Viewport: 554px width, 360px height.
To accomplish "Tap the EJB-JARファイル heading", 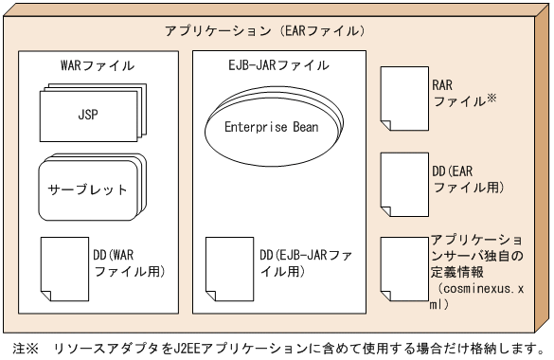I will pos(280,66).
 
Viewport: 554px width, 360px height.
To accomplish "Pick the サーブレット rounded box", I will pos(87,189).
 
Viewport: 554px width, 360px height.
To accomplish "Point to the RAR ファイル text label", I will pos(451,92).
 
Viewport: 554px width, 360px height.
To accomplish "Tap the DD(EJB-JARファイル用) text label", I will pos(308,264).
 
